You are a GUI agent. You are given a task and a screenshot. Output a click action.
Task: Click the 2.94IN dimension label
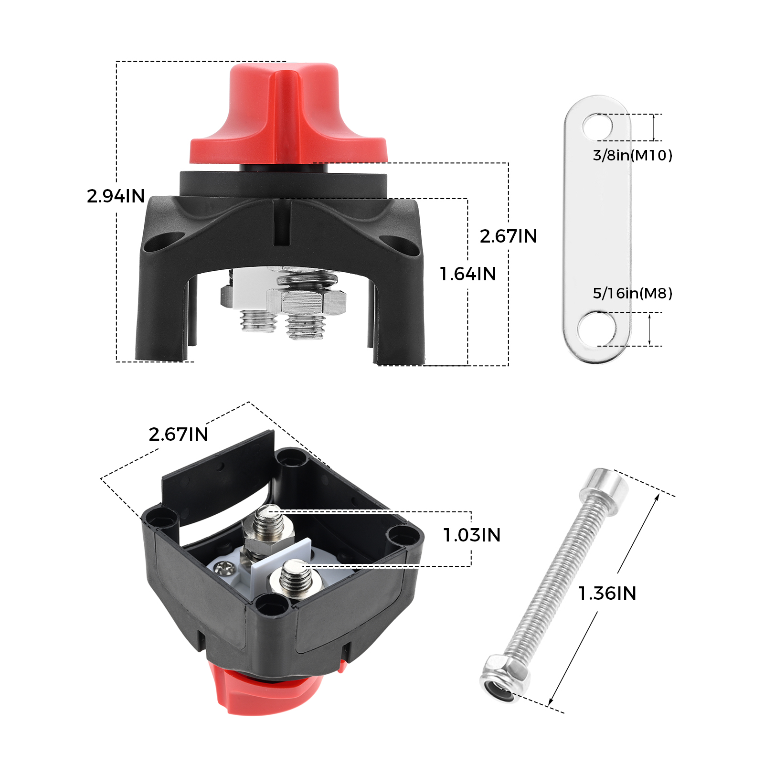pos(116,196)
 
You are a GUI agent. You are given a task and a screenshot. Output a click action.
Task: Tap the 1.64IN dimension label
pos(468,274)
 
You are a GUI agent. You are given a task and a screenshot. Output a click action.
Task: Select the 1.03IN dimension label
pos(472,535)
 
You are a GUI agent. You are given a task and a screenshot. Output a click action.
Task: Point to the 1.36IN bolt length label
pos(607,594)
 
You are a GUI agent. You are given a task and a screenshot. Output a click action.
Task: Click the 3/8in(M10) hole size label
pos(633,155)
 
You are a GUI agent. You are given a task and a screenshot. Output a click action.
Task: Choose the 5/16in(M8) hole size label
pos(633,293)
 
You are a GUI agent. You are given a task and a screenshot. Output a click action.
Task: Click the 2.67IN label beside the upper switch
pos(509,236)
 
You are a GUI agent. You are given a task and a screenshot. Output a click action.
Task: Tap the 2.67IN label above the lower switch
pos(178,435)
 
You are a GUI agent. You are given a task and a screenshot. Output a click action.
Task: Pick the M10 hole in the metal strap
pos(597,127)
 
